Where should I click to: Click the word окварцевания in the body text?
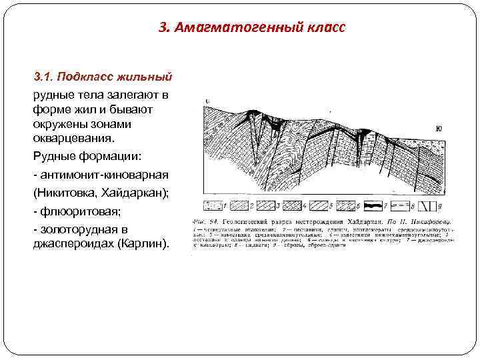[73, 139]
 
